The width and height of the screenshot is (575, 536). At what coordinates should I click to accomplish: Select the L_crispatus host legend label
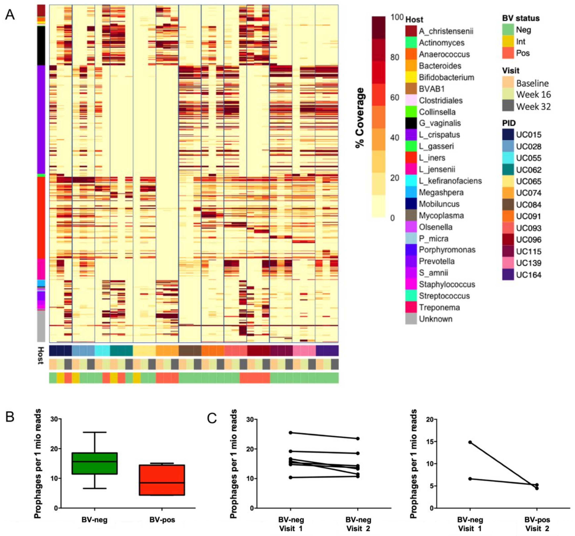(439, 135)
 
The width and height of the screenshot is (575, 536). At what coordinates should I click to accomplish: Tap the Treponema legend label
(439, 308)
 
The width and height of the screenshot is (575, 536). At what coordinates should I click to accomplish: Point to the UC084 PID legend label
(528, 205)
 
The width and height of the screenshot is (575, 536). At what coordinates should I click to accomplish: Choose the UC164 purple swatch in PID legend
(508, 275)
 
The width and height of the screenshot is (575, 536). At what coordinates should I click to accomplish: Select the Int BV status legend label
(521, 42)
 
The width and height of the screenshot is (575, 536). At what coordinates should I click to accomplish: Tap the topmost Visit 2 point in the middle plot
(358, 438)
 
